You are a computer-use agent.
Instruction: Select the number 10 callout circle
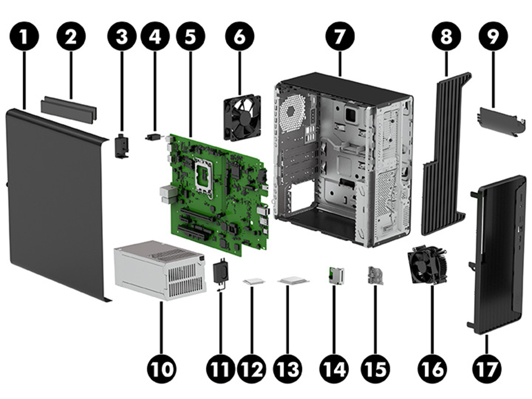point(163,369)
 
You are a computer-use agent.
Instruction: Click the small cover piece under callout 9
point(501,121)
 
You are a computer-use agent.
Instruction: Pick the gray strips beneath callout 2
point(69,108)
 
